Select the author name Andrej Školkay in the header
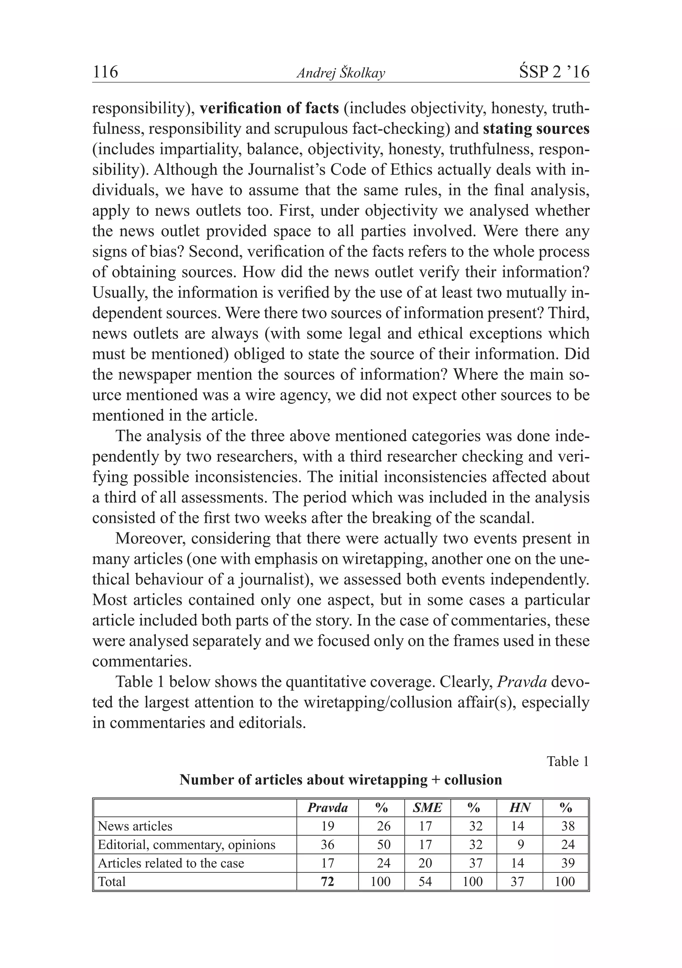(341, 73)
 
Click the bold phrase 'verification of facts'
(269, 108)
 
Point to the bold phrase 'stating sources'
(536, 129)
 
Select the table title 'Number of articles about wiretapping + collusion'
(341, 780)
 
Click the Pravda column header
(327, 808)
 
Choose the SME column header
(427, 808)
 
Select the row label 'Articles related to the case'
(171, 863)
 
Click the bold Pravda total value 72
(327, 882)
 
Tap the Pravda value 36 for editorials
(327, 844)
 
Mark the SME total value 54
(425, 882)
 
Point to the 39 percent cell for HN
(568, 863)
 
